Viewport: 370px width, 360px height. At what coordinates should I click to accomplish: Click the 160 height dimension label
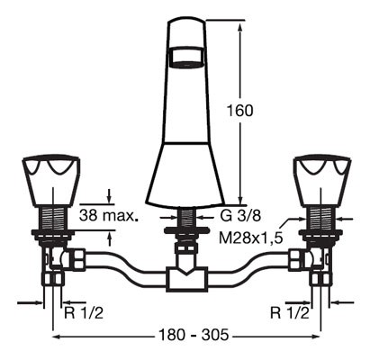coord(239,111)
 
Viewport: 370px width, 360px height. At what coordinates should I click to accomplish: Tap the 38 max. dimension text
coord(109,215)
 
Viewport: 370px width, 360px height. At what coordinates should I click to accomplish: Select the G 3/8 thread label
coord(240,216)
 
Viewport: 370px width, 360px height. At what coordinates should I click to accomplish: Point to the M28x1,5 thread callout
coord(251,238)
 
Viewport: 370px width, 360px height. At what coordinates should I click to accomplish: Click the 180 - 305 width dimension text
coord(194,334)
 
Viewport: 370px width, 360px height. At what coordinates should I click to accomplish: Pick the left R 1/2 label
coord(84,313)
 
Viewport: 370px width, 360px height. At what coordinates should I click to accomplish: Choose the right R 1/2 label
coord(290,313)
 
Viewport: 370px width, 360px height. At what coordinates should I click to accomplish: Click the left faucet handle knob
coord(51,181)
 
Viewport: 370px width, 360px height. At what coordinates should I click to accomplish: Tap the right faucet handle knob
coord(322,181)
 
